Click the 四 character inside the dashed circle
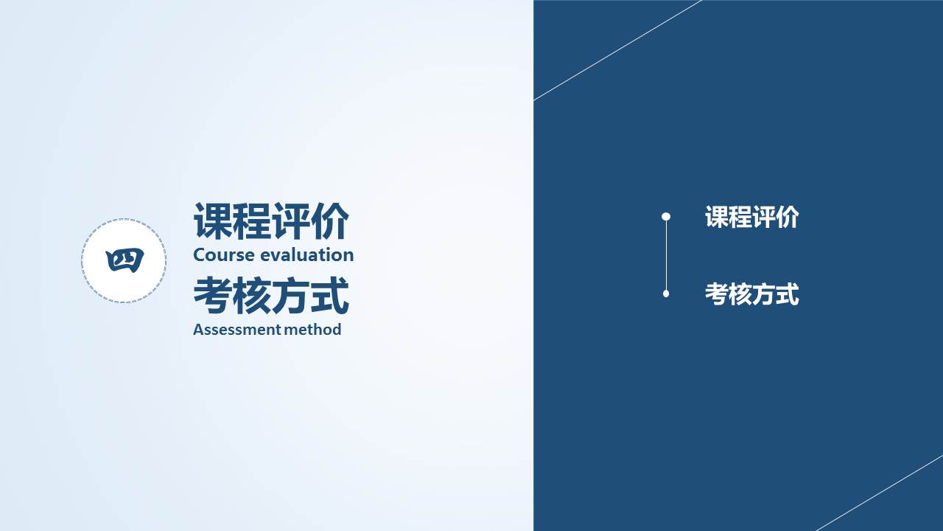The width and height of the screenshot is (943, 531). point(125,260)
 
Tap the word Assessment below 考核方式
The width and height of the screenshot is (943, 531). point(237,330)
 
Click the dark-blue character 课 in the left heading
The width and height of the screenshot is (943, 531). point(213,221)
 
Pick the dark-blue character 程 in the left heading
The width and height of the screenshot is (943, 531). point(251,221)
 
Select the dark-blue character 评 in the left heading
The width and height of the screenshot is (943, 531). point(290,221)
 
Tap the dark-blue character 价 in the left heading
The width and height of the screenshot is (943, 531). point(329,221)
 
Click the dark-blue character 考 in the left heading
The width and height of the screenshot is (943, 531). point(213,295)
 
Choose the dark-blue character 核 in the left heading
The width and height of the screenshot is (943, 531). point(251,295)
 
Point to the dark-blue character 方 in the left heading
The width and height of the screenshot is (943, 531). point(290,295)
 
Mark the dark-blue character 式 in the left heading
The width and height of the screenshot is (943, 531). point(329,295)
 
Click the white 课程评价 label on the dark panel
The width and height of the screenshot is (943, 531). point(752,217)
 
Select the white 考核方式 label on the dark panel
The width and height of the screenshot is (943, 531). point(752,294)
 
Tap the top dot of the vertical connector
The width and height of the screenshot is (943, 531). point(666,217)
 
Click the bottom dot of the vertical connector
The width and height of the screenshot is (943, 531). point(666,294)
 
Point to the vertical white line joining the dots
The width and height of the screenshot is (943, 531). point(666,255)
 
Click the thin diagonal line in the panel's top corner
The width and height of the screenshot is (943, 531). point(617,50)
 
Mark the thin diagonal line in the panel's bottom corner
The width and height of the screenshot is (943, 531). point(880,493)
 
